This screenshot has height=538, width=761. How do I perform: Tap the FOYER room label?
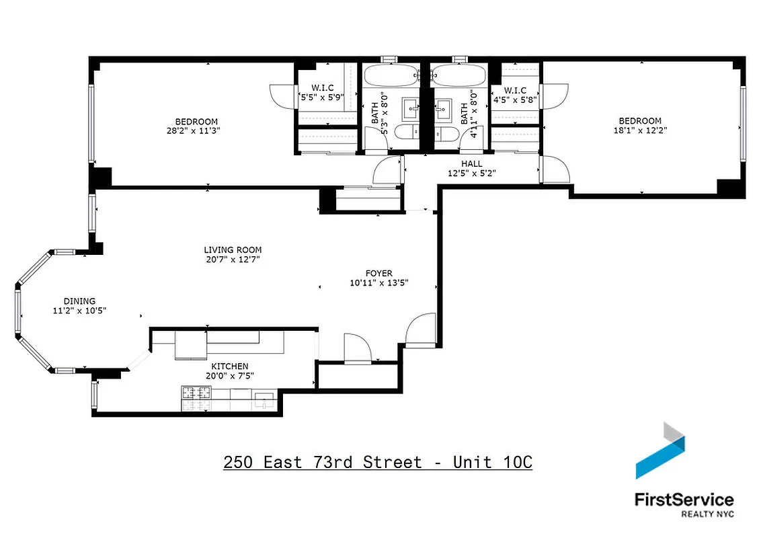click(x=378, y=273)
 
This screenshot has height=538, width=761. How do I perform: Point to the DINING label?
click(x=79, y=301)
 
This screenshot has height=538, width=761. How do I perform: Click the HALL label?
click(x=471, y=163)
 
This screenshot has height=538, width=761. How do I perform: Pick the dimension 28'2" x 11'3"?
click(x=196, y=130)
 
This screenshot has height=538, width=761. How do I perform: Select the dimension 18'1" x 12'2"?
click(x=639, y=130)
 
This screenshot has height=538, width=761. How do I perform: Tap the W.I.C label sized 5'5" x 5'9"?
click(x=323, y=87)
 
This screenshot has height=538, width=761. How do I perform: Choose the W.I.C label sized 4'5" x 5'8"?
click(x=515, y=91)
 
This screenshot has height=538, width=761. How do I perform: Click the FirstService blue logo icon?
click(x=660, y=451)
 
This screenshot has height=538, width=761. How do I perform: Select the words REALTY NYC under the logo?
click(x=707, y=514)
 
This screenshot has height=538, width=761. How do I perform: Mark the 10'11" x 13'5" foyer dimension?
click(x=378, y=282)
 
